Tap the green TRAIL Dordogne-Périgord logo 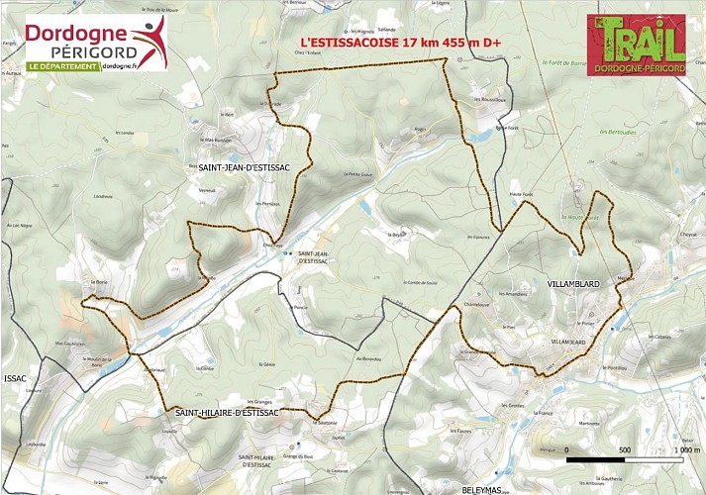coord(636,47)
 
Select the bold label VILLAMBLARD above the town coord(574,283)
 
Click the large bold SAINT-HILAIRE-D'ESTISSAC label coord(228,411)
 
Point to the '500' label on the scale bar coord(624,450)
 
